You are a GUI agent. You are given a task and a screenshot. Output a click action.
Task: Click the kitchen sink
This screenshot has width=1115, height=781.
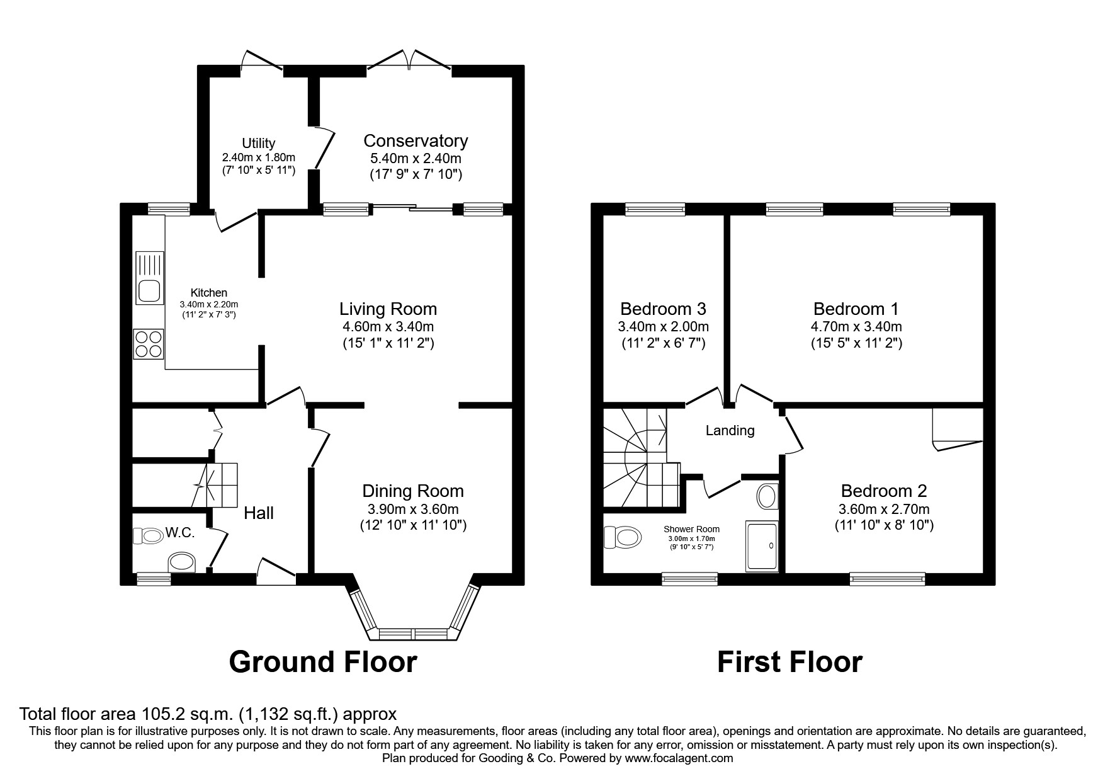[149, 278]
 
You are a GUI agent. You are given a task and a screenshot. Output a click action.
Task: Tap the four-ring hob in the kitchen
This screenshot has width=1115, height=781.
[149, 344]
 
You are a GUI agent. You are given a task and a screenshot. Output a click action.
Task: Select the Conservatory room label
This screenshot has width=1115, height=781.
[416, 140]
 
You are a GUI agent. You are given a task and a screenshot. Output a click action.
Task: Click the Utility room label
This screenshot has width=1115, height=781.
[258, 144]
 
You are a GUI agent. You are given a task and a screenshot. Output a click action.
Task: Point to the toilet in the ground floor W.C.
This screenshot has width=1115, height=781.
[149, 536]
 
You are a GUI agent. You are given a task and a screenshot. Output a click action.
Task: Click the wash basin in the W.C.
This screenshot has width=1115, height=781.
[183, 561]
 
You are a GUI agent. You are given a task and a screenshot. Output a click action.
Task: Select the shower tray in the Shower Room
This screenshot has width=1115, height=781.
[762, 546]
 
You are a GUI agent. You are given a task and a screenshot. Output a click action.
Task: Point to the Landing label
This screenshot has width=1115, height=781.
[730, 431]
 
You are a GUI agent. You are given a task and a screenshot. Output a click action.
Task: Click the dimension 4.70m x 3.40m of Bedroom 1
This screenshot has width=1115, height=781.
[856, 327]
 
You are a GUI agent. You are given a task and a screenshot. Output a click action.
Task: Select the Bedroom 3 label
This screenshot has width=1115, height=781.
[663, 309]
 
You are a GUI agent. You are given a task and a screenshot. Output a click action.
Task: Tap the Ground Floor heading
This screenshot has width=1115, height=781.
[323, 662]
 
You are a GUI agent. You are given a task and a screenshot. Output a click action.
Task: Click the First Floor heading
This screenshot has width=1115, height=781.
[790, 662]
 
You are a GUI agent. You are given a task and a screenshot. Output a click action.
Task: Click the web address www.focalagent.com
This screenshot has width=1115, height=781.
[679, 758]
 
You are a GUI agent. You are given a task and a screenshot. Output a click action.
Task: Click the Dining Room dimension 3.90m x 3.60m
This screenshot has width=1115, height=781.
[413, 509]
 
